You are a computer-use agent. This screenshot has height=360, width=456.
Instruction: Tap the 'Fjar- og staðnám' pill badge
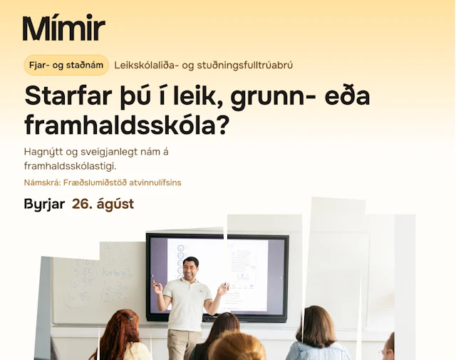click(x=66, y=65)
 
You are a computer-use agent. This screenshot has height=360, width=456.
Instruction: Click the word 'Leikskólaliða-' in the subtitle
click(x=146, y=65)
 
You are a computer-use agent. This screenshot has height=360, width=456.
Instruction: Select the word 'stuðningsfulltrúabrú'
click(x=245, y=65)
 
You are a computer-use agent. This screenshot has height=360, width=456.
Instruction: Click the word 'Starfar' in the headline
click(x=68, y=96)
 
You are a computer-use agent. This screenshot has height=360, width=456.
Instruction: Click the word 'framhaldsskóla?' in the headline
click(x=127, y=125)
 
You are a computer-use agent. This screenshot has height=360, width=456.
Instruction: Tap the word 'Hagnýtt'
click(x=43, y=152)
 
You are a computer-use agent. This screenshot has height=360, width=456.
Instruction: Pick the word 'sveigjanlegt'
click(x=109, y=152)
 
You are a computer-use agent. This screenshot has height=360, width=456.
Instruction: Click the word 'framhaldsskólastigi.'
click(x=70, y=166)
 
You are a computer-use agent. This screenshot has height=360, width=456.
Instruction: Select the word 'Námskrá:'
click(x=42, y=182)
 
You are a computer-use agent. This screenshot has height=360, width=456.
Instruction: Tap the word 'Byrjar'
click(x=44, y=205)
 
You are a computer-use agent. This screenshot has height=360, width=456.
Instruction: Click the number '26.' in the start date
click(x=83, y=204)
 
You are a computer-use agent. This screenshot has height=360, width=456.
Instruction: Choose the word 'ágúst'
click(x=115, y=205)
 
